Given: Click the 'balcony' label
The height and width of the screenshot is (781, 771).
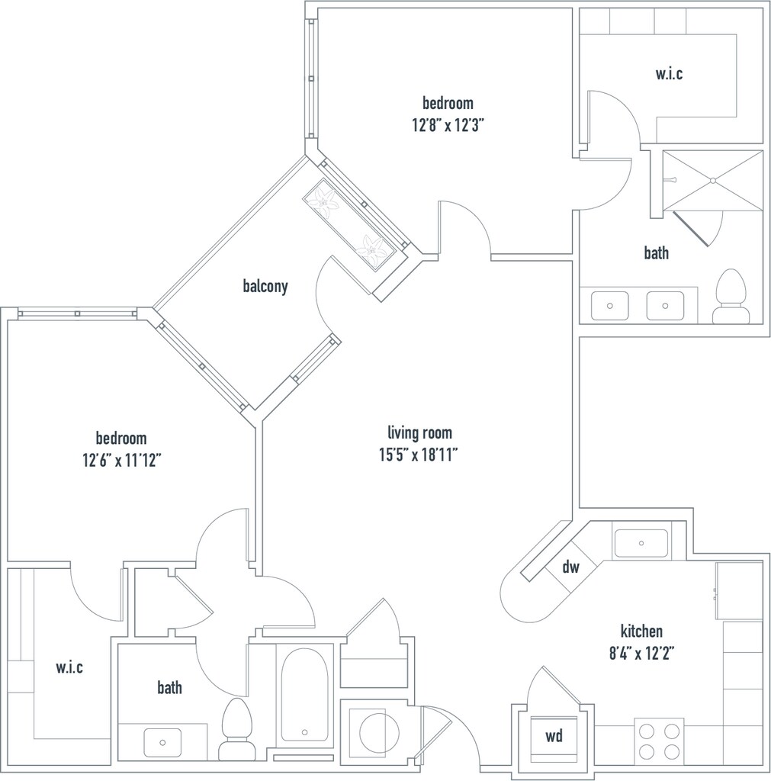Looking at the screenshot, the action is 265,287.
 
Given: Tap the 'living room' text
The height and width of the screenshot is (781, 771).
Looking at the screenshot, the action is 420,433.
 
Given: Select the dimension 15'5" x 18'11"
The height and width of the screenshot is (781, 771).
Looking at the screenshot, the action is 419,455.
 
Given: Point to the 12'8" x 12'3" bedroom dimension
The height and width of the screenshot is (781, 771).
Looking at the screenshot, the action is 448,124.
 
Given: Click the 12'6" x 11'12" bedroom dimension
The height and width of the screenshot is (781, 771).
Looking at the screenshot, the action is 122,460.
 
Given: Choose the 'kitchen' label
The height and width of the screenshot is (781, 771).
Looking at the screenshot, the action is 641,631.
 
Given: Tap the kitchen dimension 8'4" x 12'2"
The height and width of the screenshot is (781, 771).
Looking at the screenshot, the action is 641,653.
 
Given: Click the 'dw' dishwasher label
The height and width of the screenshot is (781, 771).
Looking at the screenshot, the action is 570,567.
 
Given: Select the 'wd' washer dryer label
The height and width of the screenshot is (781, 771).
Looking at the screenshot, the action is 554,736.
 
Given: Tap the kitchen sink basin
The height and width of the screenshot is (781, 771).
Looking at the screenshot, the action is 641,543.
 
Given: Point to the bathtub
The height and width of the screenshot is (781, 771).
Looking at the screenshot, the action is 304,694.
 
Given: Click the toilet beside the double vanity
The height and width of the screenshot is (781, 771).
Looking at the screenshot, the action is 731,297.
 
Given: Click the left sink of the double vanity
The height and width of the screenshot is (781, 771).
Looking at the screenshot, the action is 609,305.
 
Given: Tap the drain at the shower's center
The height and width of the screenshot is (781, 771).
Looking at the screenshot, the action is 713,180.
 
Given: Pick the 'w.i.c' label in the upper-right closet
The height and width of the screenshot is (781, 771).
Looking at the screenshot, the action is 669,74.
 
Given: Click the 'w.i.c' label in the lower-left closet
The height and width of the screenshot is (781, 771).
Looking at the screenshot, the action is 69,667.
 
